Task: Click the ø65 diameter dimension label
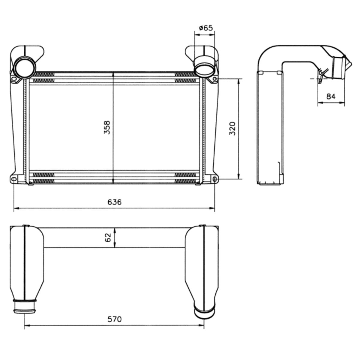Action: click(206, 28)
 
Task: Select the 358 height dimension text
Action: click(107, 127)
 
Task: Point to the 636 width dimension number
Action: click(114, 202)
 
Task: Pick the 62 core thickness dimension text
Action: click(108, 238)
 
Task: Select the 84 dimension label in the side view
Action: click(331, 96)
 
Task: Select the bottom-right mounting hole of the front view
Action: click(215, 179)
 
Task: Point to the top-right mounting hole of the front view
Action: click(215, 79)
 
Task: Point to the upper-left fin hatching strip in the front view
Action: click(44, 74)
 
